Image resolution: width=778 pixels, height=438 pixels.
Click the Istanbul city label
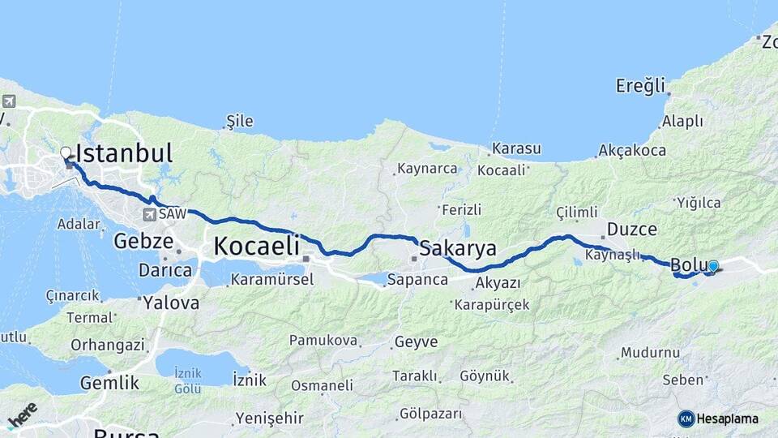coord(124,152)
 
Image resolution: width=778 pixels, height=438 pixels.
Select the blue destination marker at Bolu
coord(712,266)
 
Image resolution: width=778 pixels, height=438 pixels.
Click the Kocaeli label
coord(256,246)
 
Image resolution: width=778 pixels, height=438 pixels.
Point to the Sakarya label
coord(458,247)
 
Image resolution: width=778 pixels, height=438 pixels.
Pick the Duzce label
coord(631,229)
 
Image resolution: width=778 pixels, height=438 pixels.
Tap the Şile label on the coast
coord(239,122)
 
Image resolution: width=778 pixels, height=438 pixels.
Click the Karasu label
coord(516,149)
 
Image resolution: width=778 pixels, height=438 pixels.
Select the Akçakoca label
coord(632,150)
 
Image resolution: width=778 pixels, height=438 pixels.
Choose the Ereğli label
coord(640,85)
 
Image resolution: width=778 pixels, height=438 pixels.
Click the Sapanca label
coord(417,280)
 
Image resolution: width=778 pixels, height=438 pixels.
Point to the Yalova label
coord(171,303)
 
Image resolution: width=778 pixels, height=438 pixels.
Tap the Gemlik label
coord(109,383)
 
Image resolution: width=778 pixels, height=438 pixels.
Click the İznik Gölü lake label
coord(188,381)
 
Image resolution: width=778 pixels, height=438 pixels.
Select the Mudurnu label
coord(651,353)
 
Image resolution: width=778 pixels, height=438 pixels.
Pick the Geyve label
coord(416,342)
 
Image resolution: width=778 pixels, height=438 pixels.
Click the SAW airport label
coord(172,214)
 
